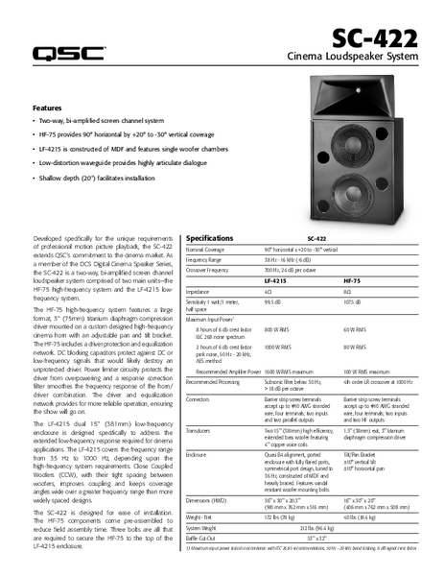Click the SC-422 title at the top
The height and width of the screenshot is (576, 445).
[x=376, y=39]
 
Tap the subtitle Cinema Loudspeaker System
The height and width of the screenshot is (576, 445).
[x=354, y=60]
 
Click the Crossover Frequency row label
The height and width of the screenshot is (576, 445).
[x=212, y=270]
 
